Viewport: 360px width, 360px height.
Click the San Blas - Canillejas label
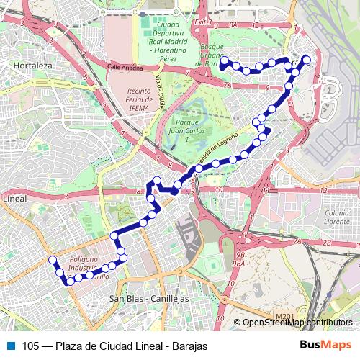point(148,298)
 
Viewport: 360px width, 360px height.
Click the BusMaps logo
point(326,346)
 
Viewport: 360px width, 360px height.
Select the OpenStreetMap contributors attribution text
point(297,323)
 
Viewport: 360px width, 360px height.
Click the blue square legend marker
point(9,346)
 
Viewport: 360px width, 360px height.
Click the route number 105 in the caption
point(31,346)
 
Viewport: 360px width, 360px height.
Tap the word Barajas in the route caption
point(190,346)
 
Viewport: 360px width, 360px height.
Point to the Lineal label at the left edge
point(14,198)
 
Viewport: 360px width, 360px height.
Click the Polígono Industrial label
point(87,265)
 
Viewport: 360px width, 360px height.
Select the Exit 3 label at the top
point(204,22)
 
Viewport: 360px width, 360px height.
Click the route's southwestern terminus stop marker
point(52,260)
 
